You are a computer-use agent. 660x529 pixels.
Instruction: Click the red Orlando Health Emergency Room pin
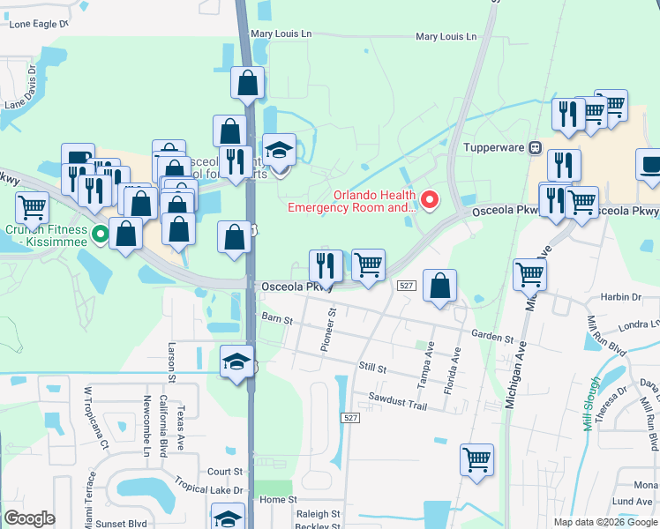(x=431, y=201)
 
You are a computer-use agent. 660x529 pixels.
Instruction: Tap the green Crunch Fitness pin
(x=101, y=235)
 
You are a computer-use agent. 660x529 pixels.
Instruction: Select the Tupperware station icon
(x=534, y=148)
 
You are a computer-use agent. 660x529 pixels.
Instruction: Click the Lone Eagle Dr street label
(x=37, y=24)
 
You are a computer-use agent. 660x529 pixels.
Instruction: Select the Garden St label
(x=491, y=338)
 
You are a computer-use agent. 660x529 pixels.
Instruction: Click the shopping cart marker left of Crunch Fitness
(x=32, y=208)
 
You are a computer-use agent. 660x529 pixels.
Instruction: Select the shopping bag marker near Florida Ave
(x=439, y=286)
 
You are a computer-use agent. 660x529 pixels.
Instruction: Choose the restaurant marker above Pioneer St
(x=326, y=264)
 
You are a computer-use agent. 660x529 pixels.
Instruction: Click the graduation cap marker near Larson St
(x=236, y=361)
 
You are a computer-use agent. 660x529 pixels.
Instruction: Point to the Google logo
(x=29, y=518)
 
